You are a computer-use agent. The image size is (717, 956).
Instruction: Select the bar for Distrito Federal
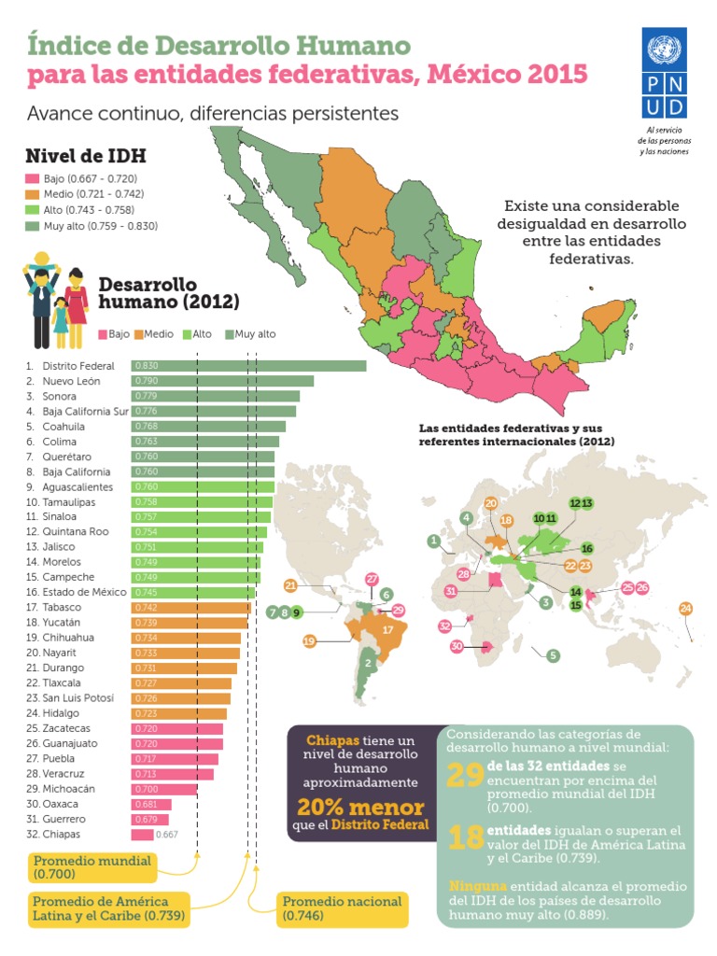[x=248, y=366]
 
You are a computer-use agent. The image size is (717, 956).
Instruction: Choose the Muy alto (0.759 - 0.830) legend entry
[x=92, y=225]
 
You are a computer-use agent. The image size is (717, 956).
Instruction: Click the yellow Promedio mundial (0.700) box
[x=91, y=867]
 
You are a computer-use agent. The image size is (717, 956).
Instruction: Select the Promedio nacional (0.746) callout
[x=342, y=909]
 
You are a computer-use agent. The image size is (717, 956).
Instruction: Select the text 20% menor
[x=360, y=808]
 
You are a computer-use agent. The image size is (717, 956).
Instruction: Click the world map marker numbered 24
[x=686, y=609]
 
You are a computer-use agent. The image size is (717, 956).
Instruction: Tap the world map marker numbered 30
[x=457, y=646]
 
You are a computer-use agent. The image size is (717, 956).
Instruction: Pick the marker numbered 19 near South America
[x=310, y=641]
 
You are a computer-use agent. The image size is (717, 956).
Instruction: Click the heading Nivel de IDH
[x=85, y=155]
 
